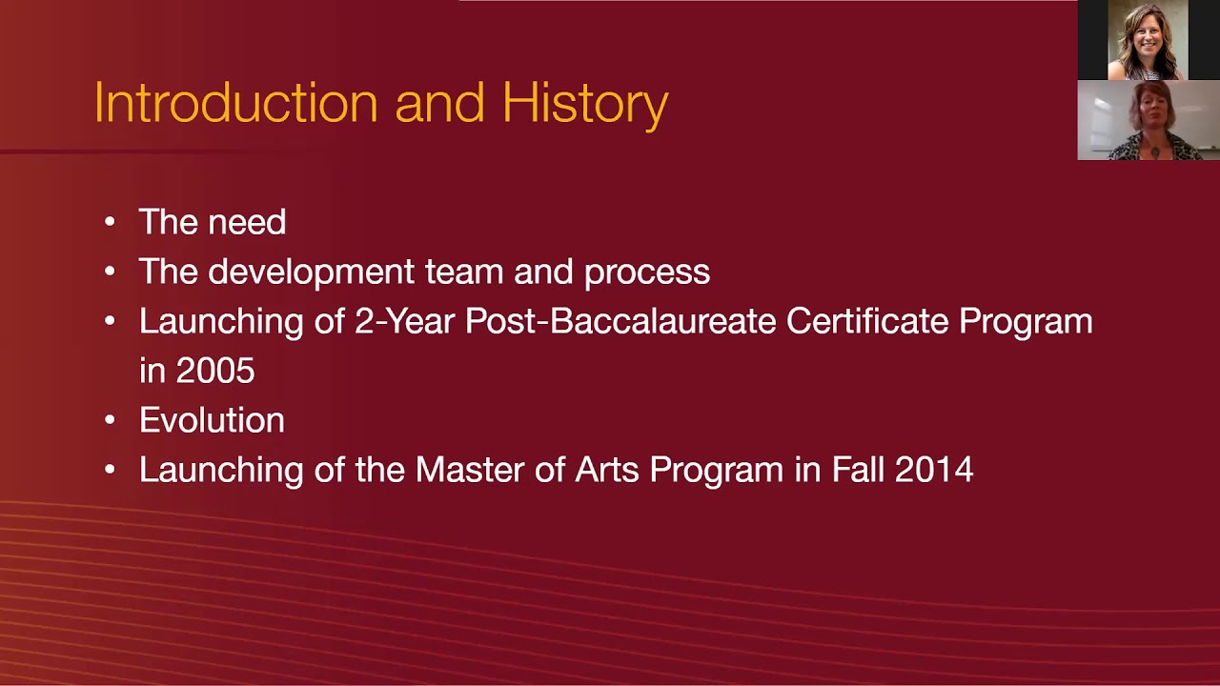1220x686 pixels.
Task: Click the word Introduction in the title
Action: (x=235, y=103)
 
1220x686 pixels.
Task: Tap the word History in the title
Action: (x=584, y=105)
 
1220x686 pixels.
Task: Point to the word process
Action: (x=647, y=272)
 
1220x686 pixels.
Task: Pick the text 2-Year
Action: (x=404, y=322)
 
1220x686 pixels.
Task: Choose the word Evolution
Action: (x=212, y=421)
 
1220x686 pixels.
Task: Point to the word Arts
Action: (x=613, y=471)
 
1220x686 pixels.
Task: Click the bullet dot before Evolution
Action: (x=111, y=421)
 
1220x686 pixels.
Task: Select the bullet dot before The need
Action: (x=111, y=223)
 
